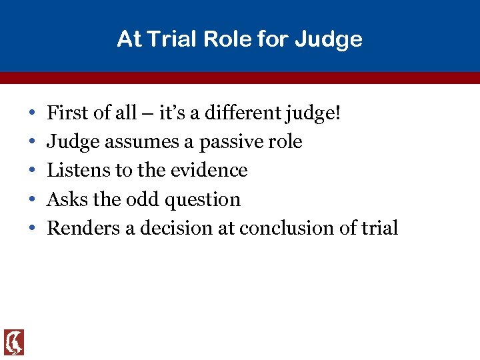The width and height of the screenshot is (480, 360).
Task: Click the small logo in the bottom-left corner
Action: (x=14, y=342)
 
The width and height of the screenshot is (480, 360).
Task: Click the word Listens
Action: (x=79, y=170)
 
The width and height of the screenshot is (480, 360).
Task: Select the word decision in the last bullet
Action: (x=169, y=228)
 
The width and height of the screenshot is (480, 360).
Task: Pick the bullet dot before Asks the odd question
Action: (x=32, y=199)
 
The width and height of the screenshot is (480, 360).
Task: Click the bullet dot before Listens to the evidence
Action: (x=32, y=171)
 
